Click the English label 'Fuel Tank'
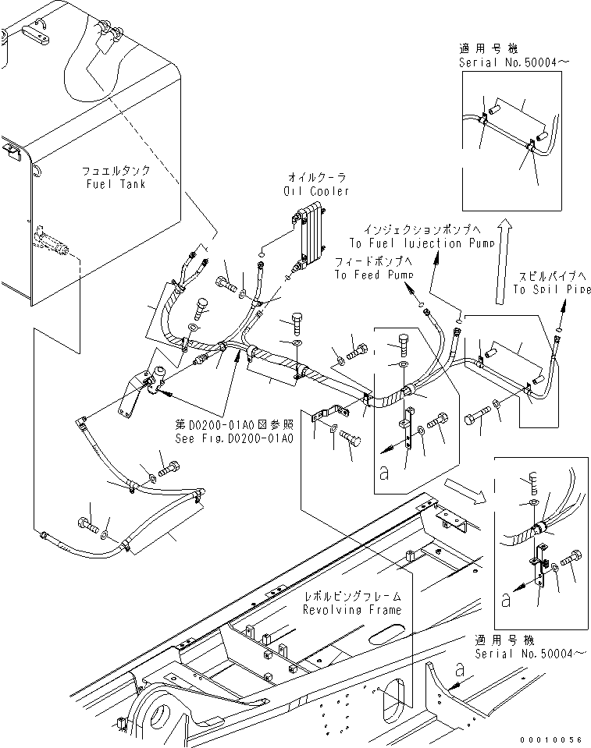[x=116, y=184]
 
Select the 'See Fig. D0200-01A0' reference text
[x=233, y=438]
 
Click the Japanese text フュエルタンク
[x=116, y=170]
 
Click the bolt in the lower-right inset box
[x=569, y=558]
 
